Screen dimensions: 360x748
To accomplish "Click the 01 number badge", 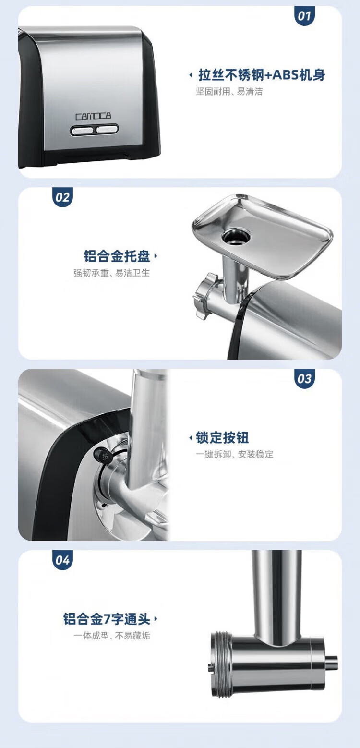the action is click(x=304, y=16).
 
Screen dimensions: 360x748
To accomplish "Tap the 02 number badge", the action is click(x=62, y=197).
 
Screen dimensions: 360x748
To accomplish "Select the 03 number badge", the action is click(x=304, y=379).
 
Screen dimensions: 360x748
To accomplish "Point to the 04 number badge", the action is click(x=62, y=560).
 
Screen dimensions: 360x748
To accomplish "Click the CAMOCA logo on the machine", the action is click(x=93, y=116).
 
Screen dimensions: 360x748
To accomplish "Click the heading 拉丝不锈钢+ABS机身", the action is click(x=262, y=75).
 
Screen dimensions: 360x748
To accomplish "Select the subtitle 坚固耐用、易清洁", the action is click(x=229, y=92).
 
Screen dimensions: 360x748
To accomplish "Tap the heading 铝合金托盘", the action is click(x=117, y=256).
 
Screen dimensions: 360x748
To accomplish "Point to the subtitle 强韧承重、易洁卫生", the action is click(x=111, y=273).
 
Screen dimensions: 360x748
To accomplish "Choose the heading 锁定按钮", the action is click(x=222, y=437).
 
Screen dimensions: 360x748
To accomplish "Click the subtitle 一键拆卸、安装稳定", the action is click(x=234, y=454).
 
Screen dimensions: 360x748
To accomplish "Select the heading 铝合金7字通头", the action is click(x=107, y=619).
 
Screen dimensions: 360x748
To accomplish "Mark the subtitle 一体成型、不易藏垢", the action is click(x=111, y=636).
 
